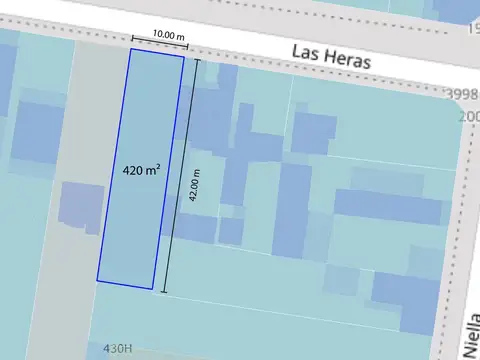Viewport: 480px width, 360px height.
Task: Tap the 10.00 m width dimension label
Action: (168, 34)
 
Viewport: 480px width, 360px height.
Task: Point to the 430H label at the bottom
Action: (117, 349)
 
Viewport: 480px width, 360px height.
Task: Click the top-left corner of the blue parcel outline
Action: (130, 48)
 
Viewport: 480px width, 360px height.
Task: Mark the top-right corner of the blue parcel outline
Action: (183, 56)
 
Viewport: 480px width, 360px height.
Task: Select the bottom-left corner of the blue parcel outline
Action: (97, 280)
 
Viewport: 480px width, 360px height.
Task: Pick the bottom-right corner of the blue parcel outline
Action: (152, 290)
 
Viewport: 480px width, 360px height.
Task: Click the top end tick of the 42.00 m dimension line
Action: (196, 60)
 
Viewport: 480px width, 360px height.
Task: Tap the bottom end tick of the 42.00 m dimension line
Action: (163, 293)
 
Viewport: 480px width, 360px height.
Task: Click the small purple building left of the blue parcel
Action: (80, 206)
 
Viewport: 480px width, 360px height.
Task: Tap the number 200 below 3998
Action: (469, 116)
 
